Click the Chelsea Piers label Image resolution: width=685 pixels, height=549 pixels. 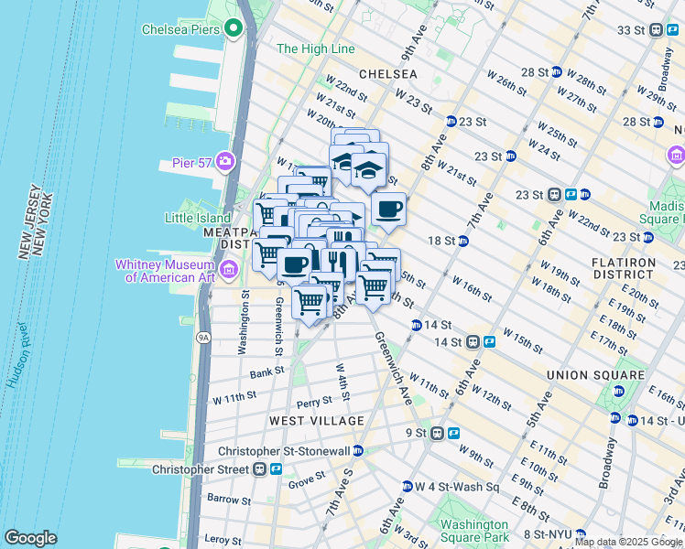[x=180, y=29]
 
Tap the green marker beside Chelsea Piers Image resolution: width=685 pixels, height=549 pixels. [x=234, y=29]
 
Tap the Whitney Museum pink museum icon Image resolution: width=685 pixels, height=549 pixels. [x=229, y=268]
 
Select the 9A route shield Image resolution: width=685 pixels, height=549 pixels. [x=203, y=338]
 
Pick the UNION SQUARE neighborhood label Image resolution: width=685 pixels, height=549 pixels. [x=594, y=375]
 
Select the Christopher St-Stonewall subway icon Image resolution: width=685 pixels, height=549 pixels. [x=358, y=450]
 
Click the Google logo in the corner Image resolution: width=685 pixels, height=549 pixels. [x=30, y=538]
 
